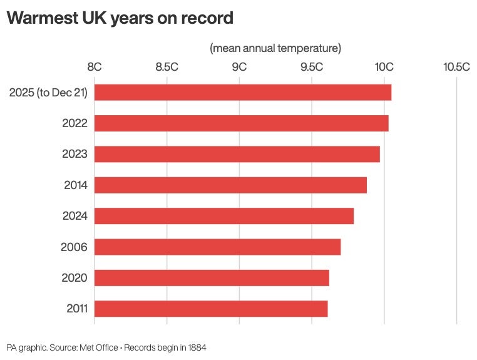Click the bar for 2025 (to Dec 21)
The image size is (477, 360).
click(x=243, y=92)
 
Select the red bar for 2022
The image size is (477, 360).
click(x=242, y=123)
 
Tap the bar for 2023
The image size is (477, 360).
click(x=237, y=154)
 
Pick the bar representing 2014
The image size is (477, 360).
click(x=230, y=185)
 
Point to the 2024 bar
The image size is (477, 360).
click(x=224, y=216)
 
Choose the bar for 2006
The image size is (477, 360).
click(x=218, y=247)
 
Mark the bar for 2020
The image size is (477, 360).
click(x=212, y=278)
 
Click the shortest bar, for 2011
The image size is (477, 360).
click(x=211, y=309)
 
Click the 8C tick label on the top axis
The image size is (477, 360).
click(x=95, y=67)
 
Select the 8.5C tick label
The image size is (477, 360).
click(x=167, y=67)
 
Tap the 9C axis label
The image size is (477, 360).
click(x=239, y=67)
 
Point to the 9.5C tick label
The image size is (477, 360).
click(x=311, y=67)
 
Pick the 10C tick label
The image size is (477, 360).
click(x=384, y=67)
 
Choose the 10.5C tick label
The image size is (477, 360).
click(x=456, y=67)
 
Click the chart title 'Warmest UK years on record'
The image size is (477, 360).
click(x=120, y=18)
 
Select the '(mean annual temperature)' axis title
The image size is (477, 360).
click(x=275, y=48)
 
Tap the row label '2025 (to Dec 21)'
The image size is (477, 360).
click(x=48, y=93)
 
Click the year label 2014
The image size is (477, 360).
click(x=75, y=185)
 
